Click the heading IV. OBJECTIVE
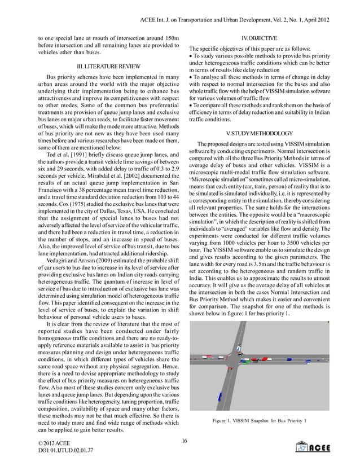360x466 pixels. pyautogui.click(x=259, y=38)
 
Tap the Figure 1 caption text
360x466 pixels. pyautogui.click(x=259, y=420)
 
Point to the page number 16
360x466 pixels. pyautogui.click(x=185, y=440)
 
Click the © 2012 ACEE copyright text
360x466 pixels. pyautogui.click(x=54, y=444)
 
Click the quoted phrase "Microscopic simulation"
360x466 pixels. pyautogui.click(x=223, y=178)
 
